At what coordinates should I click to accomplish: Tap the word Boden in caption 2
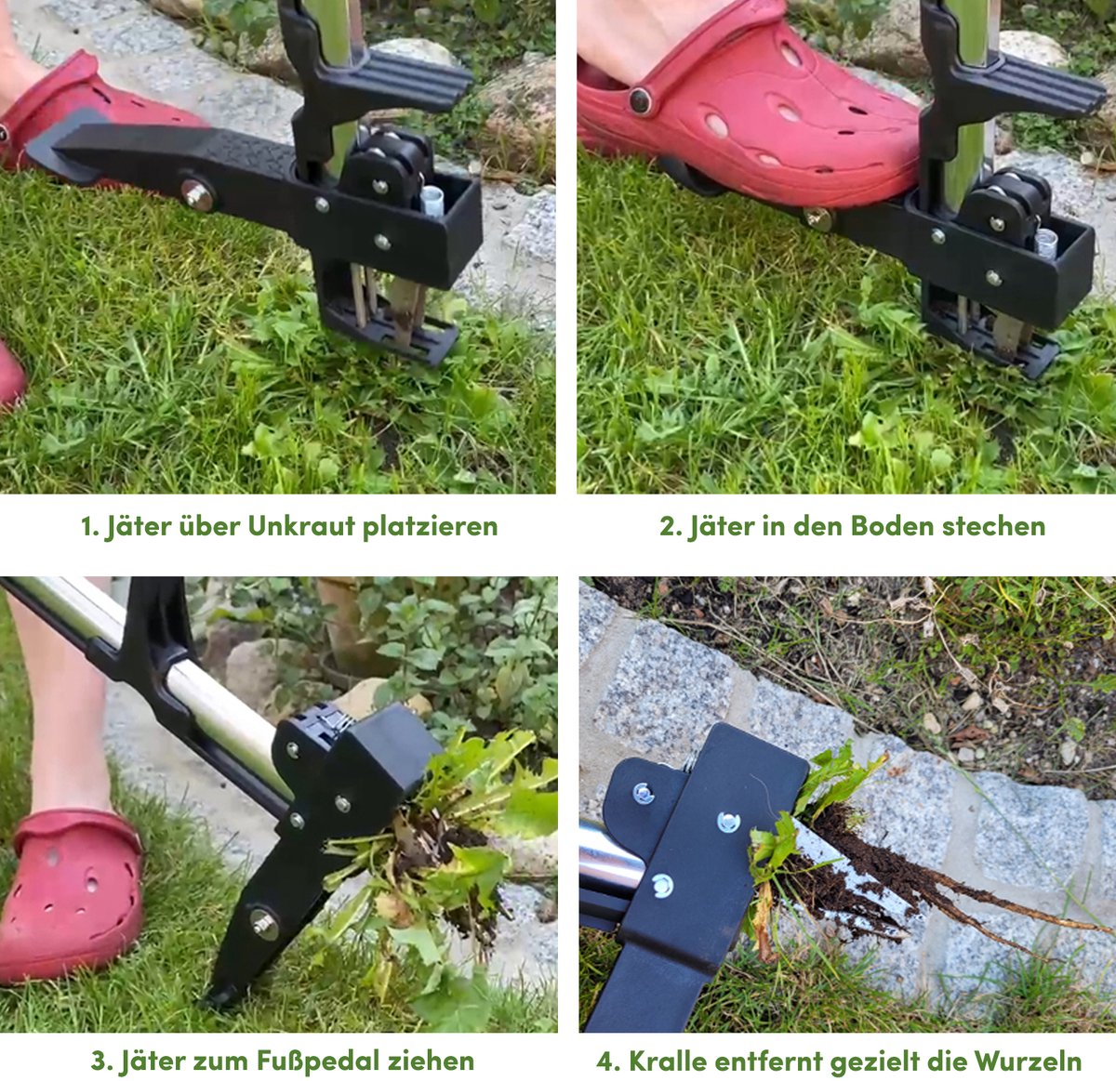893,525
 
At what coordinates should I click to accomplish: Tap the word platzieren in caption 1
430,527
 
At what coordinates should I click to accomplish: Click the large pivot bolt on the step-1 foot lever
197,195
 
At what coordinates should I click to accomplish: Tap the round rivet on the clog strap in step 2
640,100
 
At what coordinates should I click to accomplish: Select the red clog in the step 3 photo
72,895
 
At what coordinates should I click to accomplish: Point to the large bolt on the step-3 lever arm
265,924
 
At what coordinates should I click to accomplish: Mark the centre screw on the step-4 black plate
727,822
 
